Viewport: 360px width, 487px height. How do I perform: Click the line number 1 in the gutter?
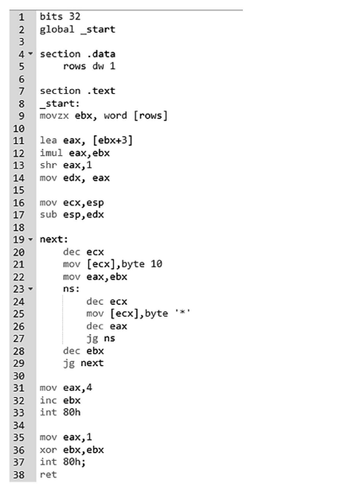(22, 17)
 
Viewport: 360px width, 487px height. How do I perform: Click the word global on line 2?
(57, 29)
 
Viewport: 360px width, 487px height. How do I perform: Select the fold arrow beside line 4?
(30, 54)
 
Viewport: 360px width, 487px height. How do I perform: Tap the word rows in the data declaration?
(74, 66)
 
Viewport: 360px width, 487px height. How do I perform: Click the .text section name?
(101, 91)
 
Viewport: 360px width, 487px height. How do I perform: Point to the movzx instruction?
(54, 116)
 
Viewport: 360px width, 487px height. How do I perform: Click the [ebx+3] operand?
(112, 140)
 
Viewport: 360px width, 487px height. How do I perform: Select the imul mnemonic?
(51, 153)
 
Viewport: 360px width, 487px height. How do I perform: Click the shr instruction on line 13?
(49, 165)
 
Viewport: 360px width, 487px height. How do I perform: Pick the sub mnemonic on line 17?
(49, 215)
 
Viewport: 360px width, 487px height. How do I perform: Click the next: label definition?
(54, 240)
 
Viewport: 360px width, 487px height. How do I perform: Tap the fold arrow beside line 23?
(30, 289)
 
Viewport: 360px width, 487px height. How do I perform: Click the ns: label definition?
(71, 289)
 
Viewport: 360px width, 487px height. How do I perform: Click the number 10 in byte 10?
(156, 264)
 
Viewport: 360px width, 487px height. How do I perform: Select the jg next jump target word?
(92, 363)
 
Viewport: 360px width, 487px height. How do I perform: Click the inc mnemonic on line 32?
(49, 400)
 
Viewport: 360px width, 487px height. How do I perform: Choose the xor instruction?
(49, 450)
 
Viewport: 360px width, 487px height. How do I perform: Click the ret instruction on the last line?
(49, 474)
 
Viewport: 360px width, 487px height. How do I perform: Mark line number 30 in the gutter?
(18, 376)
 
